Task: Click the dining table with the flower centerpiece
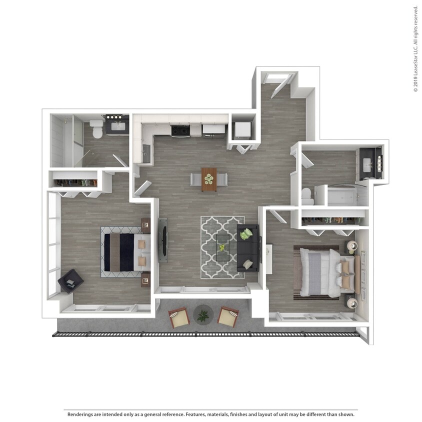[209, 179]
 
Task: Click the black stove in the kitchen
[180, 130]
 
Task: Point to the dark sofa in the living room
[248, 248]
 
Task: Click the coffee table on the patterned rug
[222, 247]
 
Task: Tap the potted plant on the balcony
[203, 315]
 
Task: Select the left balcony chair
[178, 317]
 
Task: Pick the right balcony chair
[228, 316]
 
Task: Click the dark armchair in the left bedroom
[70, 281]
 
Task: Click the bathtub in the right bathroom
[346, 196]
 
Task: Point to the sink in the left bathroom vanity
[118, 126]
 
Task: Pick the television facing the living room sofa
[162, 240]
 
